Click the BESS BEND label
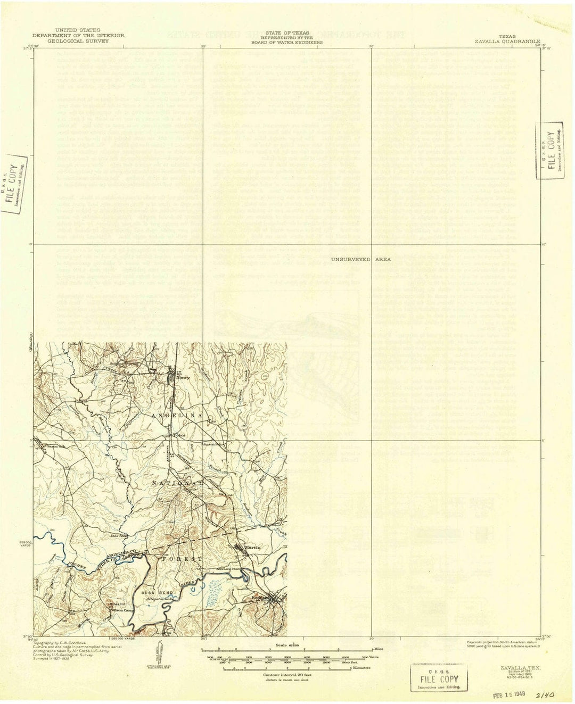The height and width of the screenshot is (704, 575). (x=151, y=592)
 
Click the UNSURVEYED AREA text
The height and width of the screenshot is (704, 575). (x=360, y=259)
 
